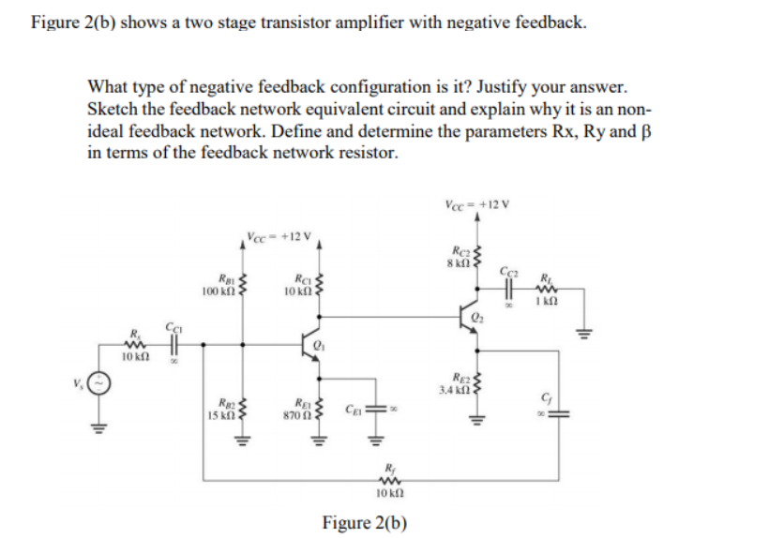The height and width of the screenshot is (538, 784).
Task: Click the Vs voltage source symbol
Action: tap(107, 384)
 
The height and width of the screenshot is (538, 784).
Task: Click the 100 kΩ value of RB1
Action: tap(219, 292)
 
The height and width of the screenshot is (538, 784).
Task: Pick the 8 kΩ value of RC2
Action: tap(455, 262)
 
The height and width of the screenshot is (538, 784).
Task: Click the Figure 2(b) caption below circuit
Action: tap(364, 522)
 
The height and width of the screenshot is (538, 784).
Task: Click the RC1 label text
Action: tap(301, 275)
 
